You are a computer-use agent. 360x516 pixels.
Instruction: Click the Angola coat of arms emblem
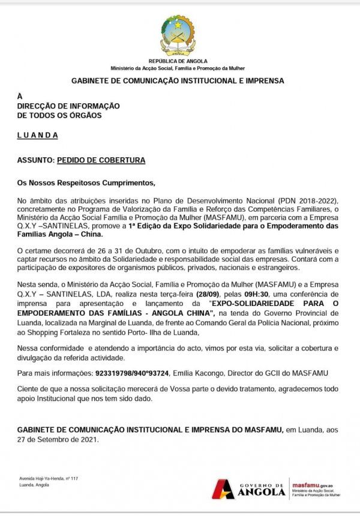(x=178, y=35)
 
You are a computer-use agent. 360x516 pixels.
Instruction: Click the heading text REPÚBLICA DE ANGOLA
(x=178, y=61)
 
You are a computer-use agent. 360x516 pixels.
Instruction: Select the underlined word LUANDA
(x=37, y=135)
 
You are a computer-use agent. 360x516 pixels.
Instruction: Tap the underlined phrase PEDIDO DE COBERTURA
(x=101, y=161)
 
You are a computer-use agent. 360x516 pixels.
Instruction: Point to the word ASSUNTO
(x=35, y=161)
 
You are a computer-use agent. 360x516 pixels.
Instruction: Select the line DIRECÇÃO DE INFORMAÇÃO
(x=68, y=106)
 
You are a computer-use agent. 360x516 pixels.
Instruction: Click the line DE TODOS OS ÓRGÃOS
(x=59, y=115)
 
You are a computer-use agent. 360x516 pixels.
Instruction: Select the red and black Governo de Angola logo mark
(x=223, y=489)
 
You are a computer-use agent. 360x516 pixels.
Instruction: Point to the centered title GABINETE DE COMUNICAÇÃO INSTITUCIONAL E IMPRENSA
(x=178, y=80)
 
